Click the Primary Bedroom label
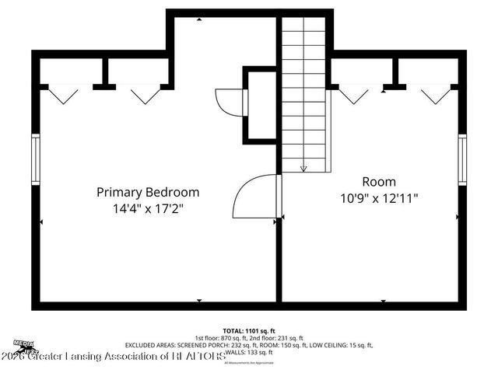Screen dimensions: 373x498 [x=148, y=192]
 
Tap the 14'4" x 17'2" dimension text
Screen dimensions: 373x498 [x=148, y=209]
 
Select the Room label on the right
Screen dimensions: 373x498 [x=379, y=181]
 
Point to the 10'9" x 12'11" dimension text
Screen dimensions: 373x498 [x=379, y=198]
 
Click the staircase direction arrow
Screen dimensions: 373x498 [x=303, y=166]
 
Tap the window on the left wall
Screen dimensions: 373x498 [x=35, y=159]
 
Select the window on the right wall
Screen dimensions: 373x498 [x=462, y=159]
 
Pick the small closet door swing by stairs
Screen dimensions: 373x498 [x=230, y=101]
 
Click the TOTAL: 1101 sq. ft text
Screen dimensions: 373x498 [x=250, y=329]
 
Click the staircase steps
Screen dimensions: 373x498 [x=303, y=93]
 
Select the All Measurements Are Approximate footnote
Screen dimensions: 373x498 [x=249, y=363]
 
